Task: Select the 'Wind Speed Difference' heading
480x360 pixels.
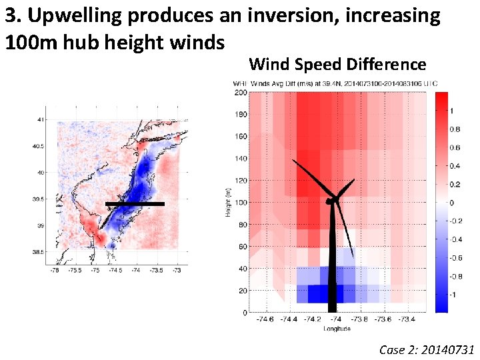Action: pyautogui.click(x=337, y=64)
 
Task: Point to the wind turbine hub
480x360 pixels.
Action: pyautogui.click(x=330, y=200)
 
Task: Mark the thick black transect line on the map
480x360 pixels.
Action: pyautogui.click(x=135, y=204)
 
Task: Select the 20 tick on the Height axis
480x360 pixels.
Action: pyautogui.click(x=241, y=291)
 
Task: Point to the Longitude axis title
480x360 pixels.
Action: pyautogui.click(x=337, y=329)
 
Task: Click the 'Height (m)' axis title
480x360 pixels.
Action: pyautogui.click(x=227, y=203)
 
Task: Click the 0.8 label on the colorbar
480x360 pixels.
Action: pyautogui.click(x=454, y=129)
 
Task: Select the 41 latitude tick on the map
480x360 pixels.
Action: pyautogui.click(x=41, y=119)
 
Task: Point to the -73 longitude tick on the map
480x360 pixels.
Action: pyautogui.click(x=177, y=270)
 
